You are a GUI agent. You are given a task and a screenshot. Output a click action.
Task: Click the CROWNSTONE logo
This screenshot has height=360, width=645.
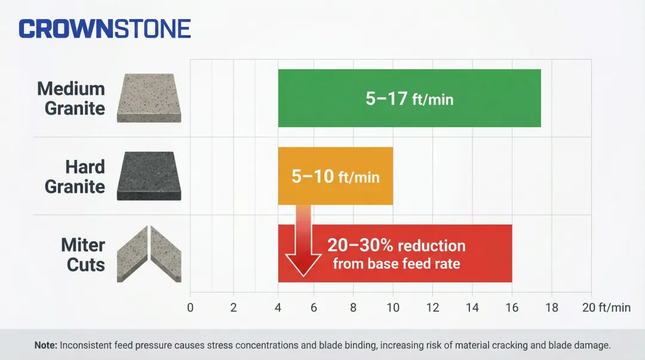click(x=105, y=29)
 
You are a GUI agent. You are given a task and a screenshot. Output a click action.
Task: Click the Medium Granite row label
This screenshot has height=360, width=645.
click(x=71, y=99)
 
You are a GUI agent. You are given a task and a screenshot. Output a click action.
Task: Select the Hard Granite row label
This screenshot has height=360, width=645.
click(x=75, y=177)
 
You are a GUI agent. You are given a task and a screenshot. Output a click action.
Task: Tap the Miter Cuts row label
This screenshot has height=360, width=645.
click(x=83, y=254)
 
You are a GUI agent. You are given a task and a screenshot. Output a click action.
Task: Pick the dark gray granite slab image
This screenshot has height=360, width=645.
click(x=149, y=176)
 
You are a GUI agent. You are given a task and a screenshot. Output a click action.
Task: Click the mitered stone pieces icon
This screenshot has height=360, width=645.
click(x=149, y=254)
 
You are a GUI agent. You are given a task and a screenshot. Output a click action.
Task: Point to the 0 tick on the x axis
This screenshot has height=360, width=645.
click(x=191, y=308)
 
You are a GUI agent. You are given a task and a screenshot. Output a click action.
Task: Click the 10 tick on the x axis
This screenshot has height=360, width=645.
click(x=392, y=308)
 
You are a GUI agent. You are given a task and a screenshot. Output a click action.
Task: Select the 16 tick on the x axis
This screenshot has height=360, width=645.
click(x=512, y=308)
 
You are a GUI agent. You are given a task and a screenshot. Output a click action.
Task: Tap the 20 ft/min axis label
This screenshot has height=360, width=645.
click(x=606, y=308)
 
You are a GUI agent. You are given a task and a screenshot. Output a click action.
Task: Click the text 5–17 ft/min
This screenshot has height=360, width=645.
click(x=409, y=99)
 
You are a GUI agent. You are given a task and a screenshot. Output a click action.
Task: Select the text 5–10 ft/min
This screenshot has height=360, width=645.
click(x=335, y=177)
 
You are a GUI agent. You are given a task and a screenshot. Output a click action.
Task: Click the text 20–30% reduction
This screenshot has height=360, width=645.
click(x=396, y=245)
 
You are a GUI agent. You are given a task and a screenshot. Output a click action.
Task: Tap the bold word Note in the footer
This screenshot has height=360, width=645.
click(x=45, y=345)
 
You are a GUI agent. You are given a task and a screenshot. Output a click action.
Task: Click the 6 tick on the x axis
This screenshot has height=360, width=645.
click(x=314, y=308)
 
